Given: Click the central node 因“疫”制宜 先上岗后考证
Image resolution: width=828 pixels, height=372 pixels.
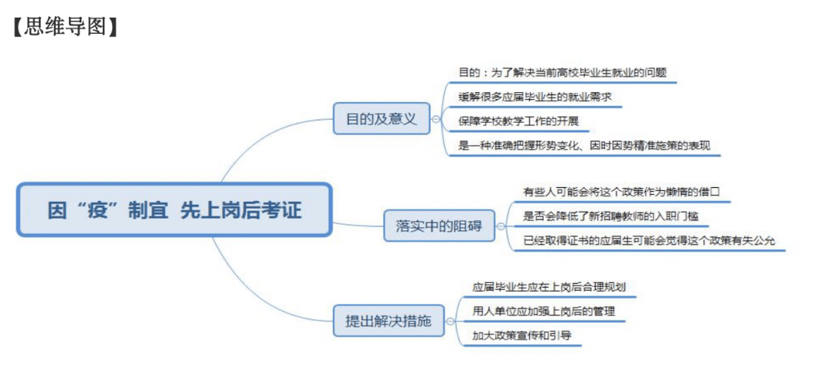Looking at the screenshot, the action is [x=174, y=210].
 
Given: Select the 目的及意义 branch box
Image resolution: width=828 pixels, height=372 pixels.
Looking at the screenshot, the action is [x=381, y=118].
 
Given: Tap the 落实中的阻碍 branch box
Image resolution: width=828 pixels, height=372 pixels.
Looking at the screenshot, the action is [x=439, y=226].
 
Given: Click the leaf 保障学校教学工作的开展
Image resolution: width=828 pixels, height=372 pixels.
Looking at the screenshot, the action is [x=519, y=121].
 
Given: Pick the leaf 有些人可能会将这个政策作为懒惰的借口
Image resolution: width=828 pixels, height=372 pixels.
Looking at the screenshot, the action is [x=622, y=192].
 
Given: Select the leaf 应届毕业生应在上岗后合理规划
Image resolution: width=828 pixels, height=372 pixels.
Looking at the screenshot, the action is [x=549, y=288].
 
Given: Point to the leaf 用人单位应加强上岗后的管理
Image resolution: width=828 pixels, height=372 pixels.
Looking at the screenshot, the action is [x=544, y=311].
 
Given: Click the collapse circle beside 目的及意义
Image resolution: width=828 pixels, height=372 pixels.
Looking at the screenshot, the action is [x=435, y=119].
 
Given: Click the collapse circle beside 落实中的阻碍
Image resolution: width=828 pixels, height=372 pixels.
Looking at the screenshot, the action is [x=501, y=226].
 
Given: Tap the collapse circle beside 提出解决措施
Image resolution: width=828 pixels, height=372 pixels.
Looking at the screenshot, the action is [x=449, y=321].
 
